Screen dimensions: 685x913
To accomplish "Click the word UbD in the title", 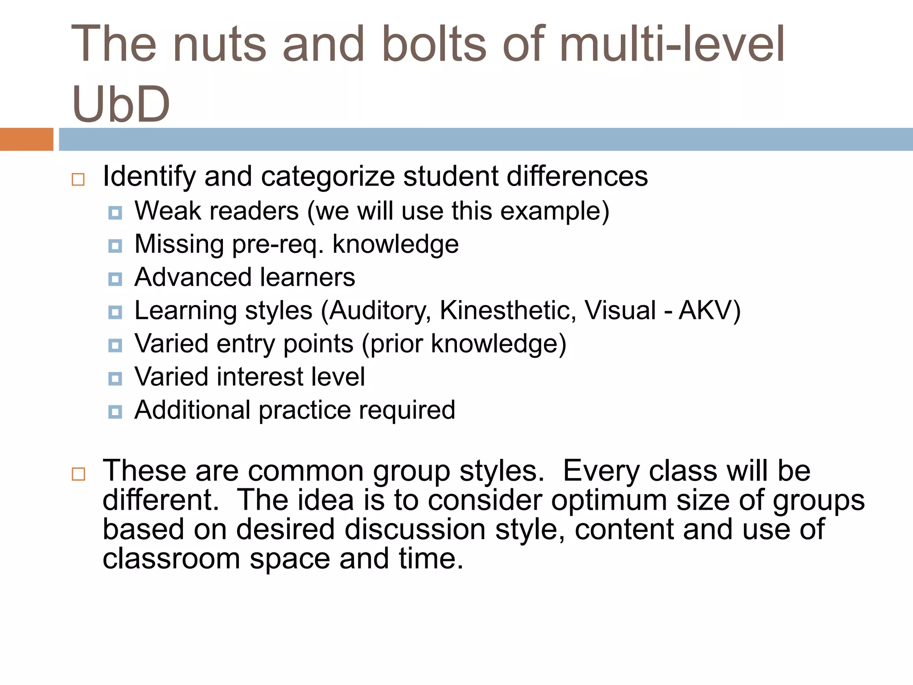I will (121, 104).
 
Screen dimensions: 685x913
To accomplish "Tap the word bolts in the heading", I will (434, 44).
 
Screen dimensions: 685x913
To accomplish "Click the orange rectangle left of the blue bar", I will (26, 139).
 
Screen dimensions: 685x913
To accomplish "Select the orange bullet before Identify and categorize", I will (78, 179).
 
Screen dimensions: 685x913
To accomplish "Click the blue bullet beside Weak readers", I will (115, 213).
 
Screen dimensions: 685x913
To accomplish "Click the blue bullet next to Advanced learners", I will (115, 279).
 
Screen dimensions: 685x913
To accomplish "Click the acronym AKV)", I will (709, 310).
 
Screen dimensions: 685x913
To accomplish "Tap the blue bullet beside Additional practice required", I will (115, 412).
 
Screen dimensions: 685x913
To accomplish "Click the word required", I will (407, 410).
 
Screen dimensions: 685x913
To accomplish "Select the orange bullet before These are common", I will (78, 474).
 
